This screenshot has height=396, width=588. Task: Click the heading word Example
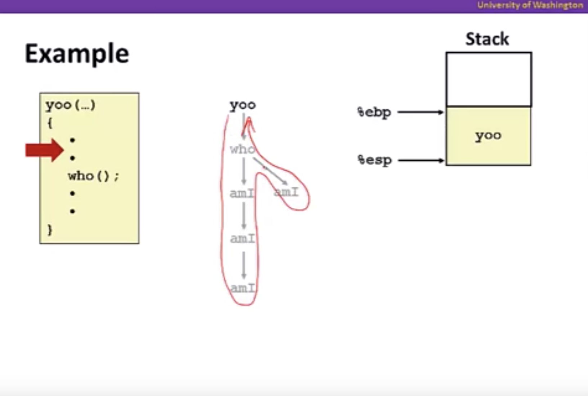click(77, 54)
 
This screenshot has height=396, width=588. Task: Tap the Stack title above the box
click(487, 39)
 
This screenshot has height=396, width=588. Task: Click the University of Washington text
click(530, 5)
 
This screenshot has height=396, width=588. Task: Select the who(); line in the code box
click(93, 176)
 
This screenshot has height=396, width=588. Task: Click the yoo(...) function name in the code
click(70, 105)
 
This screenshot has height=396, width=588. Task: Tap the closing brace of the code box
click(50, 230)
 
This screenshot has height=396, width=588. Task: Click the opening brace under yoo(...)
click(50, 123)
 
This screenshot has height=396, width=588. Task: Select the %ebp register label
click(374, 112)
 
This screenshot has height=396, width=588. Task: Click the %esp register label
click(374, 160)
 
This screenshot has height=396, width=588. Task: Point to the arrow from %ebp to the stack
click(420, 112)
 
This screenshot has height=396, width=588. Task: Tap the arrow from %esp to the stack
click(421, 160)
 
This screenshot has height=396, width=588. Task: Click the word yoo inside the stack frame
click(488, 136)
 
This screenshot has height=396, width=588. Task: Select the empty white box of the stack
click(489, 79)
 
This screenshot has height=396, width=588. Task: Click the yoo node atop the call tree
click(243, 105)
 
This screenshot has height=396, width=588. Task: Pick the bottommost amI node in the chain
click(242, 288)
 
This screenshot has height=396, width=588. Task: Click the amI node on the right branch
click(286, 192)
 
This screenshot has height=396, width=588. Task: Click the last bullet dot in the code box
click(72, 211)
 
